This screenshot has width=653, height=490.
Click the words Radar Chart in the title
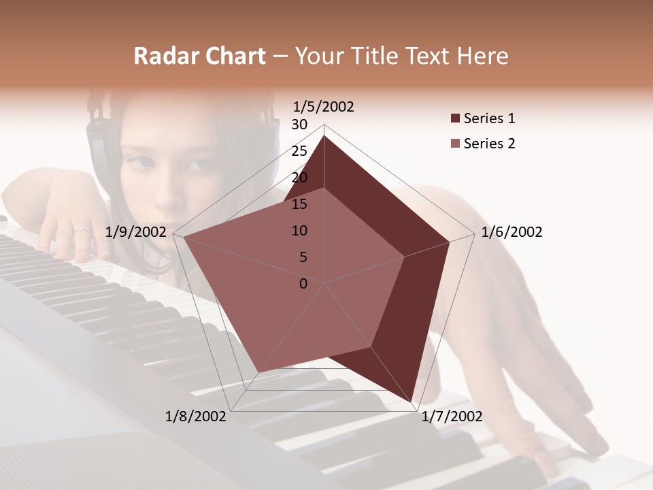tap(199, 56)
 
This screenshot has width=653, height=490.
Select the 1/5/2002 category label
tap(323, 106)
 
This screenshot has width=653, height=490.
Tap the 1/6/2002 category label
tap(512, 232)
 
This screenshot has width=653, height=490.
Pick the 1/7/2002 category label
tap(452, 416)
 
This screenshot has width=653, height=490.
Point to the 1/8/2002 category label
tap(196, 416)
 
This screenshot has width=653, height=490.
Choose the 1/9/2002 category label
tap(136, 232)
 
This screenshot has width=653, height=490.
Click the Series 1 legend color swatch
tap(455, 118)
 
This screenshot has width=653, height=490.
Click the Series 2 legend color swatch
tap(455, 144)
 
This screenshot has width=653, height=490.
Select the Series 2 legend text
tap(489, 144)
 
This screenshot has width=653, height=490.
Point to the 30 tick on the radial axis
tap(299, 125)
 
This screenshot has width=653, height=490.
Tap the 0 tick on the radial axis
tap(303, 283)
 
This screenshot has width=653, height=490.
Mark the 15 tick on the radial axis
tap(299, 204)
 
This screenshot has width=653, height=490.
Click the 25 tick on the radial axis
tap(299, 151)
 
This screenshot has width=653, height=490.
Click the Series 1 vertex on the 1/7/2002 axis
tap(412, 402)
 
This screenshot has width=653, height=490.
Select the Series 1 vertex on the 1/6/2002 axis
tap(450, 242)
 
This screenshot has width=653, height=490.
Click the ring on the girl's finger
tap(82, 231)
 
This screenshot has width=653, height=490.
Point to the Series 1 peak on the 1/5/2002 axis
tap(324, 135)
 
